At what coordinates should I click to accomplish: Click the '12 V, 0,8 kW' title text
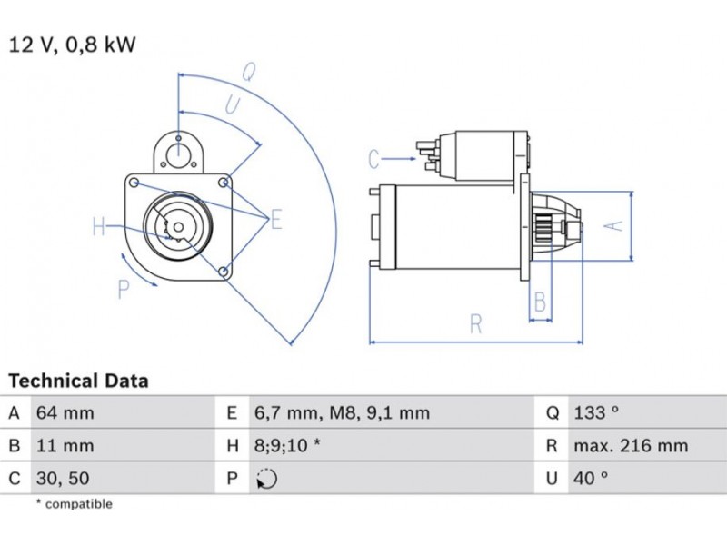tap(72, 45)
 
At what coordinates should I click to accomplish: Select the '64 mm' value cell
tap(65, 413)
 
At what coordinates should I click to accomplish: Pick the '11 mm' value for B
tap(64, 446)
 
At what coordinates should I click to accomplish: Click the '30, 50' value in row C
tap(63, 478)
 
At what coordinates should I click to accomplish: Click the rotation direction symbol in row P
tap(266, 479)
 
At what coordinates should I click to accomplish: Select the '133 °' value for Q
tap(596, 413)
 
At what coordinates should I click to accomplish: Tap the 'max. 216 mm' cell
tap(630, 446)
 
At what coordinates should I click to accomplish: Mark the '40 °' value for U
tap(591, 478)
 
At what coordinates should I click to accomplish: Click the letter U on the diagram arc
tap(232, 105)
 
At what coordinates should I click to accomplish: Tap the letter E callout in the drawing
tap(275, 219)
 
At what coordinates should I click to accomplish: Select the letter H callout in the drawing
tap(99, 226)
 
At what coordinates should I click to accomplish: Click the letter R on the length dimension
tap(475, 323)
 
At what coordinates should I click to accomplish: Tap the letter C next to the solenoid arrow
tap(373, 160)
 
